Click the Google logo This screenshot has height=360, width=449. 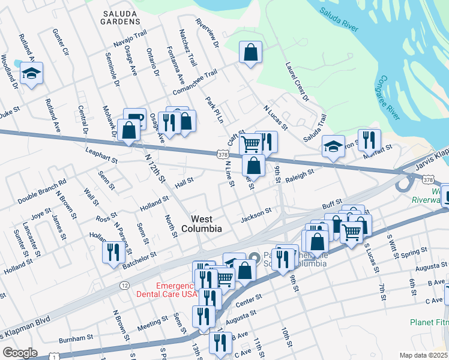click(20, 352)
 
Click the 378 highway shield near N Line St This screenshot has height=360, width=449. click(223, 155)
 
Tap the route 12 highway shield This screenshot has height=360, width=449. click(124, 284)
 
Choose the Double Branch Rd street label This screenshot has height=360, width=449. click(41, 190)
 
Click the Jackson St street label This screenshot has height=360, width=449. click(256, 214)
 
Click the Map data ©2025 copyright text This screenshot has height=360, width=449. click(423, 355)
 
